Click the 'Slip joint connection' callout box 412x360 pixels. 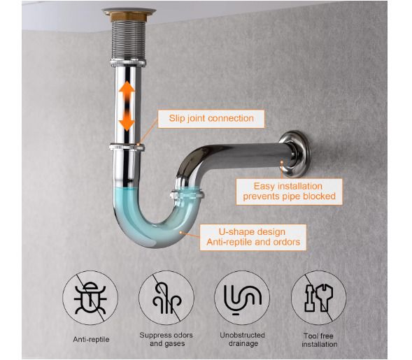211,119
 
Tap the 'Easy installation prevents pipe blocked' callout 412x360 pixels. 289,192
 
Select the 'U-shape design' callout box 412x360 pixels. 253,237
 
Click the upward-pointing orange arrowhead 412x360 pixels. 127,87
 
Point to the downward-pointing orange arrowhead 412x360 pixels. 127,124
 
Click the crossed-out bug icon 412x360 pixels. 90,298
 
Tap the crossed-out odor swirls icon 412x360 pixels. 166,298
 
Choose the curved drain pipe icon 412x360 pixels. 242,298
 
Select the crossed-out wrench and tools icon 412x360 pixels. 318,298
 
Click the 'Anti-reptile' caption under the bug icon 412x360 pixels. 91,339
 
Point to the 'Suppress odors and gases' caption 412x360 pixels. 166,339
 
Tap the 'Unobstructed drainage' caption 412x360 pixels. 242,339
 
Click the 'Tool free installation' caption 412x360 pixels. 319,340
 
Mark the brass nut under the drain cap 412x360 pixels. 129,17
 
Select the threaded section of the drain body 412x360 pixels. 128,40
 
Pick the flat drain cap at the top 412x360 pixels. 129,11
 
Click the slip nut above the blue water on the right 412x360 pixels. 187,195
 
